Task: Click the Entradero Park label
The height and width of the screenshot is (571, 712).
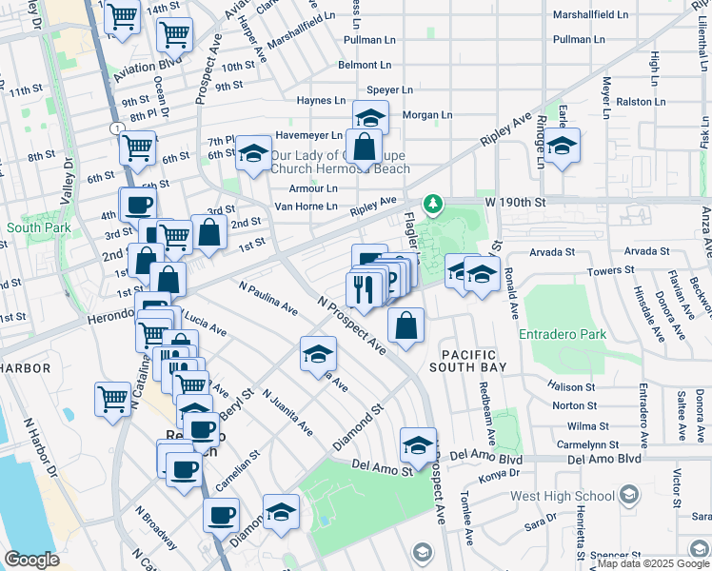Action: click(x=563, y=335)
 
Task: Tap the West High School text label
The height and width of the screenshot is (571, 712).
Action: click(x=563, y=496)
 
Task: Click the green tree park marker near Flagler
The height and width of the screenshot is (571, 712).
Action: click(x=433, y=204)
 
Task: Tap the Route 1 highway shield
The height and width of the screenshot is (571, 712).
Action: click(x=114, y=128)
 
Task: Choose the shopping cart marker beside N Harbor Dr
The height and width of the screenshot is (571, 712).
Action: click(x=112, y=398)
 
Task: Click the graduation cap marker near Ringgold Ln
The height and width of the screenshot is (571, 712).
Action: click(x=562, y=147)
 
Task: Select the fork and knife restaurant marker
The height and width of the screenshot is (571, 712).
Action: click(x=363, y=289)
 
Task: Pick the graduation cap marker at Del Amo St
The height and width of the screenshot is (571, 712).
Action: click(x=418, y=444)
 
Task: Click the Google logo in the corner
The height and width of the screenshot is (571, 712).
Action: click(x=32, y=560)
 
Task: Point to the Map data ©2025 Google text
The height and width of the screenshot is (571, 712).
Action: click(x=652, y=563)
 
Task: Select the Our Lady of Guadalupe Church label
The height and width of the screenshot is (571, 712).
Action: click(x=339, y=162)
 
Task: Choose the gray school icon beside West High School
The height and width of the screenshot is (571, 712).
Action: click(x=628, y=495)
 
